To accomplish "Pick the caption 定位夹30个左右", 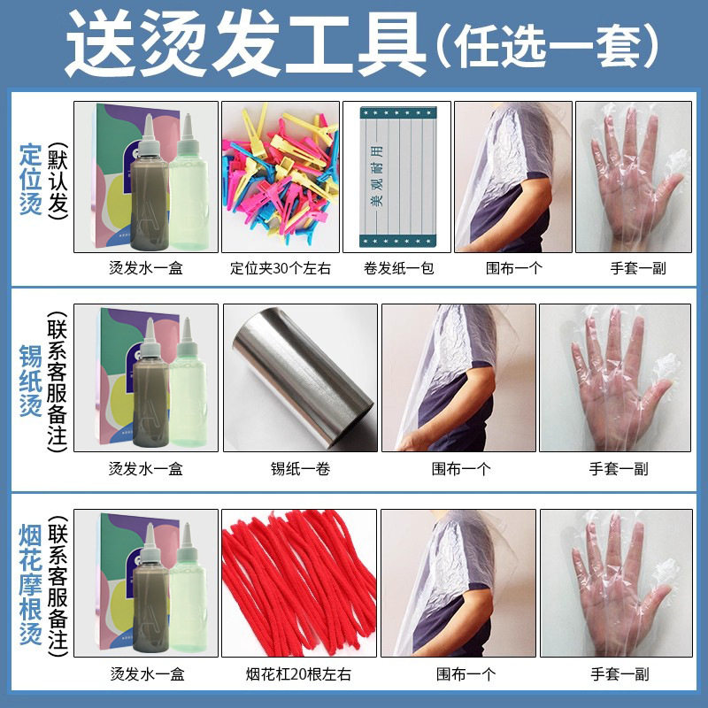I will click(x=280, y=267).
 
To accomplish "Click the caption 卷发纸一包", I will click(x=399, y=267).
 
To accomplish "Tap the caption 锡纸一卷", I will click(x=300, y=469).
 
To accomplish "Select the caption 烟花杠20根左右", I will click(x=300, y=674).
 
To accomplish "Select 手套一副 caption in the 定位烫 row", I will click(x=633, y=267).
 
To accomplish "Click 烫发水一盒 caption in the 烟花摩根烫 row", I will click(x=145, y=674).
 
